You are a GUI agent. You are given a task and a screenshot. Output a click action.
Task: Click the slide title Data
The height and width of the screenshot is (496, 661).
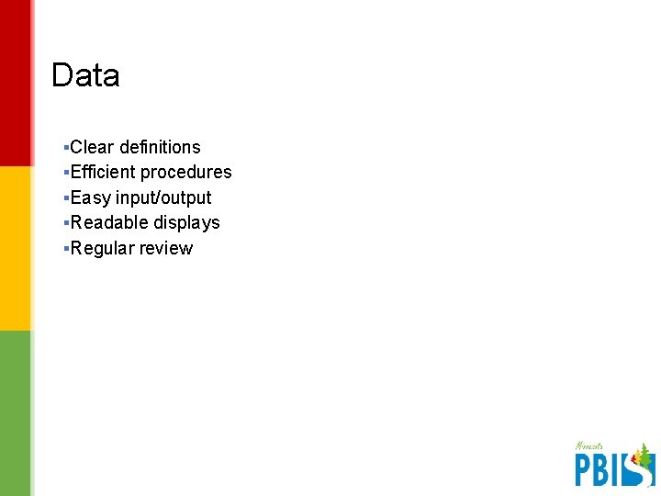pos(85,75)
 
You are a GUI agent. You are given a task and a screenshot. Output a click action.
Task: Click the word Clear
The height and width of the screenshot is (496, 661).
pos(93,147)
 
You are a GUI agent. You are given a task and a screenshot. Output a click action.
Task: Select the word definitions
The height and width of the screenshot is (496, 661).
pos(160,147)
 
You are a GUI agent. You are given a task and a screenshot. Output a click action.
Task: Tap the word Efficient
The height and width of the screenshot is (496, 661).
pos(103,172)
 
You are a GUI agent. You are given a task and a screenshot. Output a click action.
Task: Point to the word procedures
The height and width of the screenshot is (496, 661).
pos(186,173)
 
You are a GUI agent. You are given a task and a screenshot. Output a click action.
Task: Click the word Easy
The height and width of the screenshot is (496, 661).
pos(91,197)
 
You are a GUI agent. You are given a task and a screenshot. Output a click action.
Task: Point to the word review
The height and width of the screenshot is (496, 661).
pos(166,248)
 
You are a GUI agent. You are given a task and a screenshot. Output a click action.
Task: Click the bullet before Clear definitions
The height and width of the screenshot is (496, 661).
pos(67,147)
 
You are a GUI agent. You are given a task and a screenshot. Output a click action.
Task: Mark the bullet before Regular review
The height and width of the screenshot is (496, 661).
pos(67,248)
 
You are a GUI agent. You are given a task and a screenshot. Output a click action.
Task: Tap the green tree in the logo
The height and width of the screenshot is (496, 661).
pos(644,456)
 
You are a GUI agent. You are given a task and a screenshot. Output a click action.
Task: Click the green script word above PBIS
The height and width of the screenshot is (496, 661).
pos(588,446)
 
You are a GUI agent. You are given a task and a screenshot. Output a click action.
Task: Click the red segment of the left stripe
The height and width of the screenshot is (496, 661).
pos(16,83)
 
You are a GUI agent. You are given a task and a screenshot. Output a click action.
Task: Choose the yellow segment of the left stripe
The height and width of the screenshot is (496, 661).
pos(16,248)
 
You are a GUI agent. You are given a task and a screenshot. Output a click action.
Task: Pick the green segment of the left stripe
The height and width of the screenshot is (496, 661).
pos(16,413)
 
